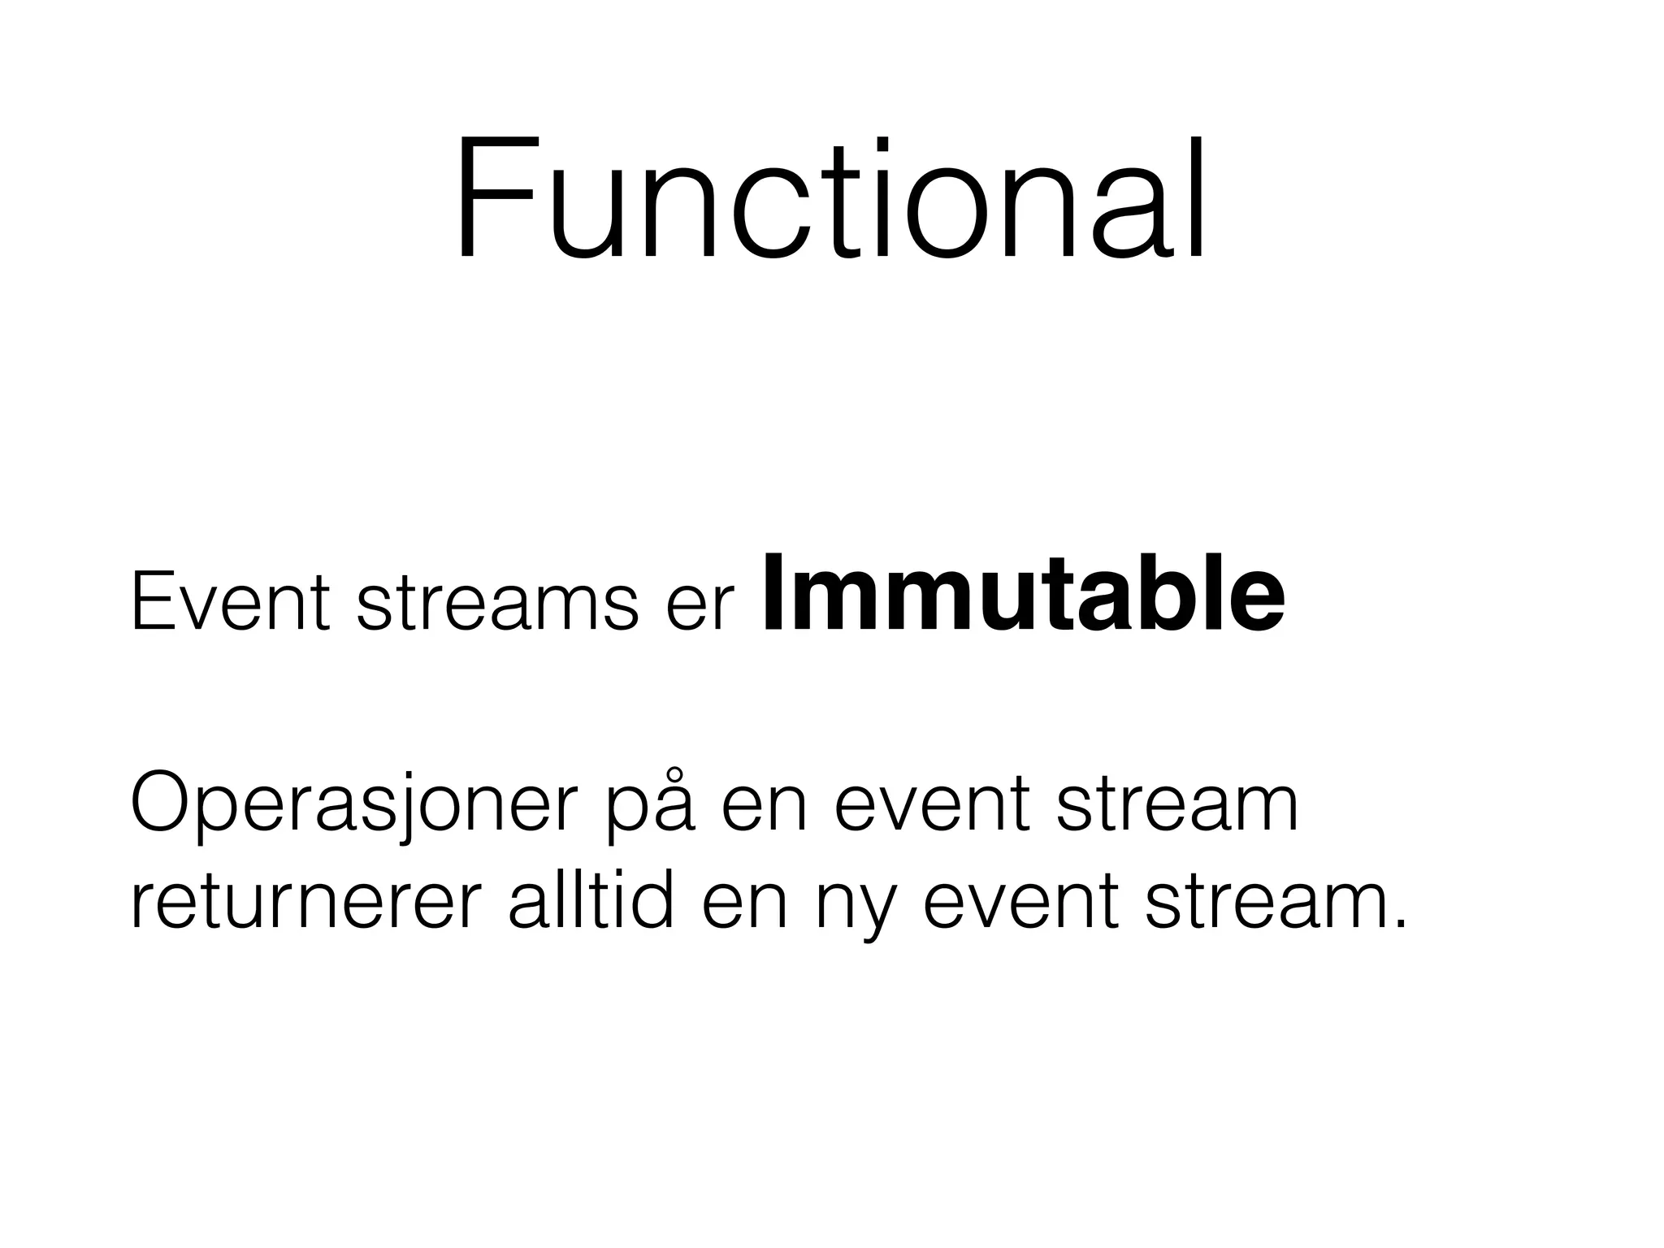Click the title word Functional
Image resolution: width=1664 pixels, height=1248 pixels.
[x=830, y=199]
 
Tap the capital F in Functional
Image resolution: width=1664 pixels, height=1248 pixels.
[x=494, y=199]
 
